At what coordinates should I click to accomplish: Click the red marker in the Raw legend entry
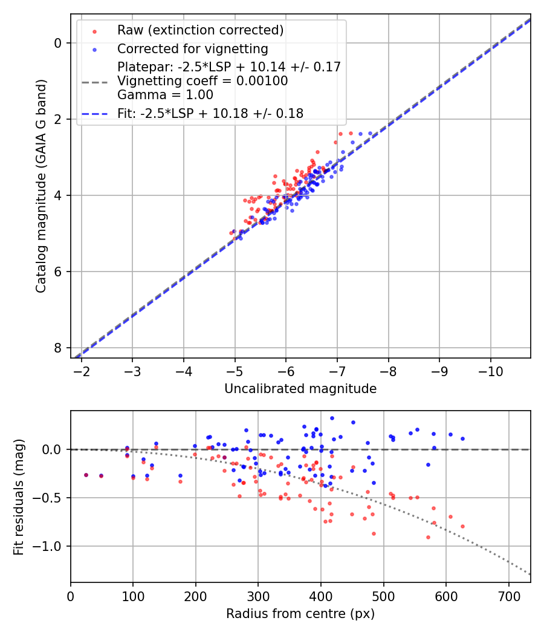click(x=94, y=31)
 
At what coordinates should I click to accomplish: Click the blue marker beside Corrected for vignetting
click(x=94, y=49)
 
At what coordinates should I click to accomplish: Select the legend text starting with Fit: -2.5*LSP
click(x=210, y=113)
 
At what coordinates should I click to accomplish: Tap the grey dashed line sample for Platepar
click(x=94, y=81)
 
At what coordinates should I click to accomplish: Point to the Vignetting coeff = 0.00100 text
click(x=202, y=81)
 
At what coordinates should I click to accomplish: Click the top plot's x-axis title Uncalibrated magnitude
click(x=300, y=389)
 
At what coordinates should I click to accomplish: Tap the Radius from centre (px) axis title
click(x=300, y=614)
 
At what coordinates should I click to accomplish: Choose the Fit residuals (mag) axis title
click(x=19, y=497)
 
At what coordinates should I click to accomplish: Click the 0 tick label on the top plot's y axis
click(x=58, y=43)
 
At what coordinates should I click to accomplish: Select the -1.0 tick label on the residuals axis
click(x=49, y=546)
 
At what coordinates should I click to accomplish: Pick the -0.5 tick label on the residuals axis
click(x=49, y=498)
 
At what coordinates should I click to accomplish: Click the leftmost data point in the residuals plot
click(x=86, y=475)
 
